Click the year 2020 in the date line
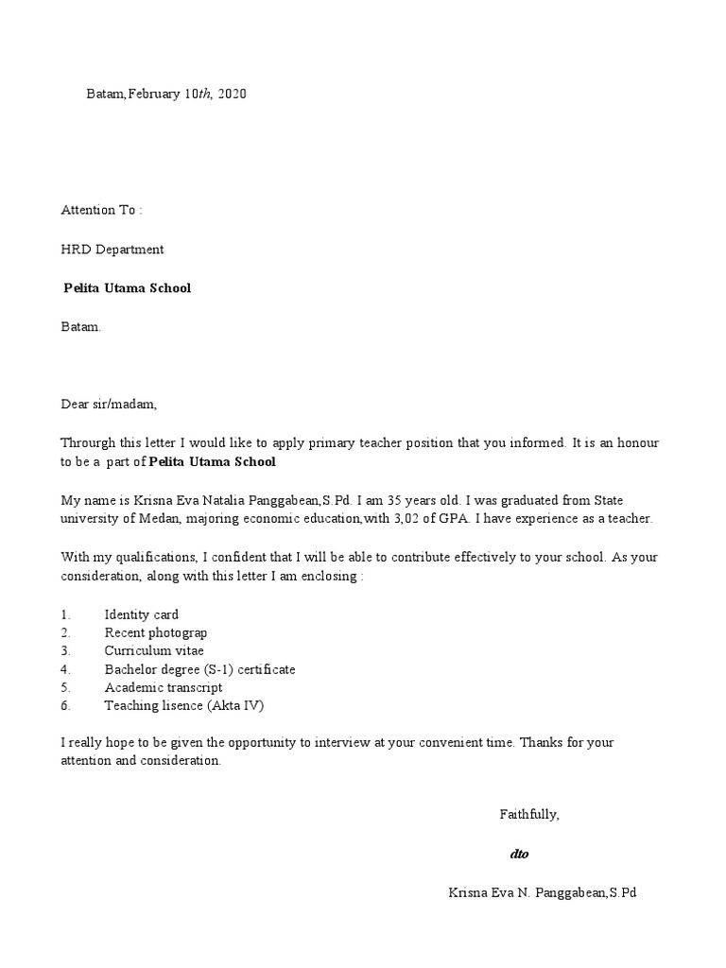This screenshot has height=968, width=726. pos(232,94)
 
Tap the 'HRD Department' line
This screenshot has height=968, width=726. pos(112,250)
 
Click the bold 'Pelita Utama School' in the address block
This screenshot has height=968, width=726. pos(127,287)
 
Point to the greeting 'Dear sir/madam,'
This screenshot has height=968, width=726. pos(109,405)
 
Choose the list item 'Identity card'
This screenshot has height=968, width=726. pos(142,614)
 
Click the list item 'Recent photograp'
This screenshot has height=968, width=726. pos(156,632)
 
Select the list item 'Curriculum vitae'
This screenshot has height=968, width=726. pos(154,650)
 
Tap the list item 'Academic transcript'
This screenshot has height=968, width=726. pos(164,687)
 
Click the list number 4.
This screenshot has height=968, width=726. pos(65,669)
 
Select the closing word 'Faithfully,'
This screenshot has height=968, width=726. pos(529,814)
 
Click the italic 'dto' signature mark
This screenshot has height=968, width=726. pos(519,854)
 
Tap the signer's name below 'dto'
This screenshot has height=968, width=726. pos(543,892)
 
